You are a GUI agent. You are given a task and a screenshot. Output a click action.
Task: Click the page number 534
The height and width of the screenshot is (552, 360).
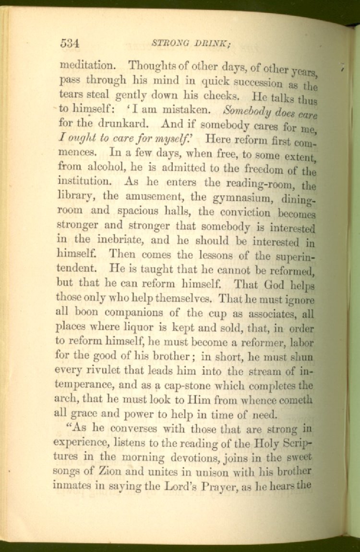[70, 43]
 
